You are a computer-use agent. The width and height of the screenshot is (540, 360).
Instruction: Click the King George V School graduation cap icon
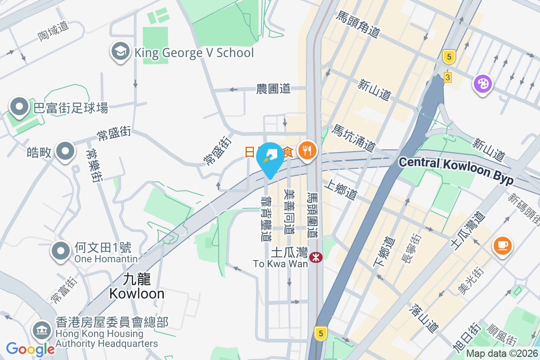[120, 53]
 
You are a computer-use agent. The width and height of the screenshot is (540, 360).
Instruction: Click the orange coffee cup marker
[503, 246]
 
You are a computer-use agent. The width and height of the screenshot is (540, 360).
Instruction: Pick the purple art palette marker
[482, 84]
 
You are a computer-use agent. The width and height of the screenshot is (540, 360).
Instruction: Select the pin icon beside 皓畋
[65, 152]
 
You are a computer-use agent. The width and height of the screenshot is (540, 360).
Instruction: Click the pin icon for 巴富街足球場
[19, 107]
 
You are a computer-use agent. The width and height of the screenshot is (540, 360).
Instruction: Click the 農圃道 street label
[273, 89]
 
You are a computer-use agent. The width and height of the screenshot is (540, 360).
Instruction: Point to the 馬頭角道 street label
[358, 24]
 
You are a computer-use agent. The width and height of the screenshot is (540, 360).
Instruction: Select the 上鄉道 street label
[340, 190]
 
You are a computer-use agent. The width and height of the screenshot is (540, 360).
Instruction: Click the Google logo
[30, 349]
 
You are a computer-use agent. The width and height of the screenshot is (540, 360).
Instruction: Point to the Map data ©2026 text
[501, 354]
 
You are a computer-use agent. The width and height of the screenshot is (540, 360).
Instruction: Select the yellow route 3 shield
[447, 77]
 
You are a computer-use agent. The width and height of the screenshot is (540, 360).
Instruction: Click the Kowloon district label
[136, 287]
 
